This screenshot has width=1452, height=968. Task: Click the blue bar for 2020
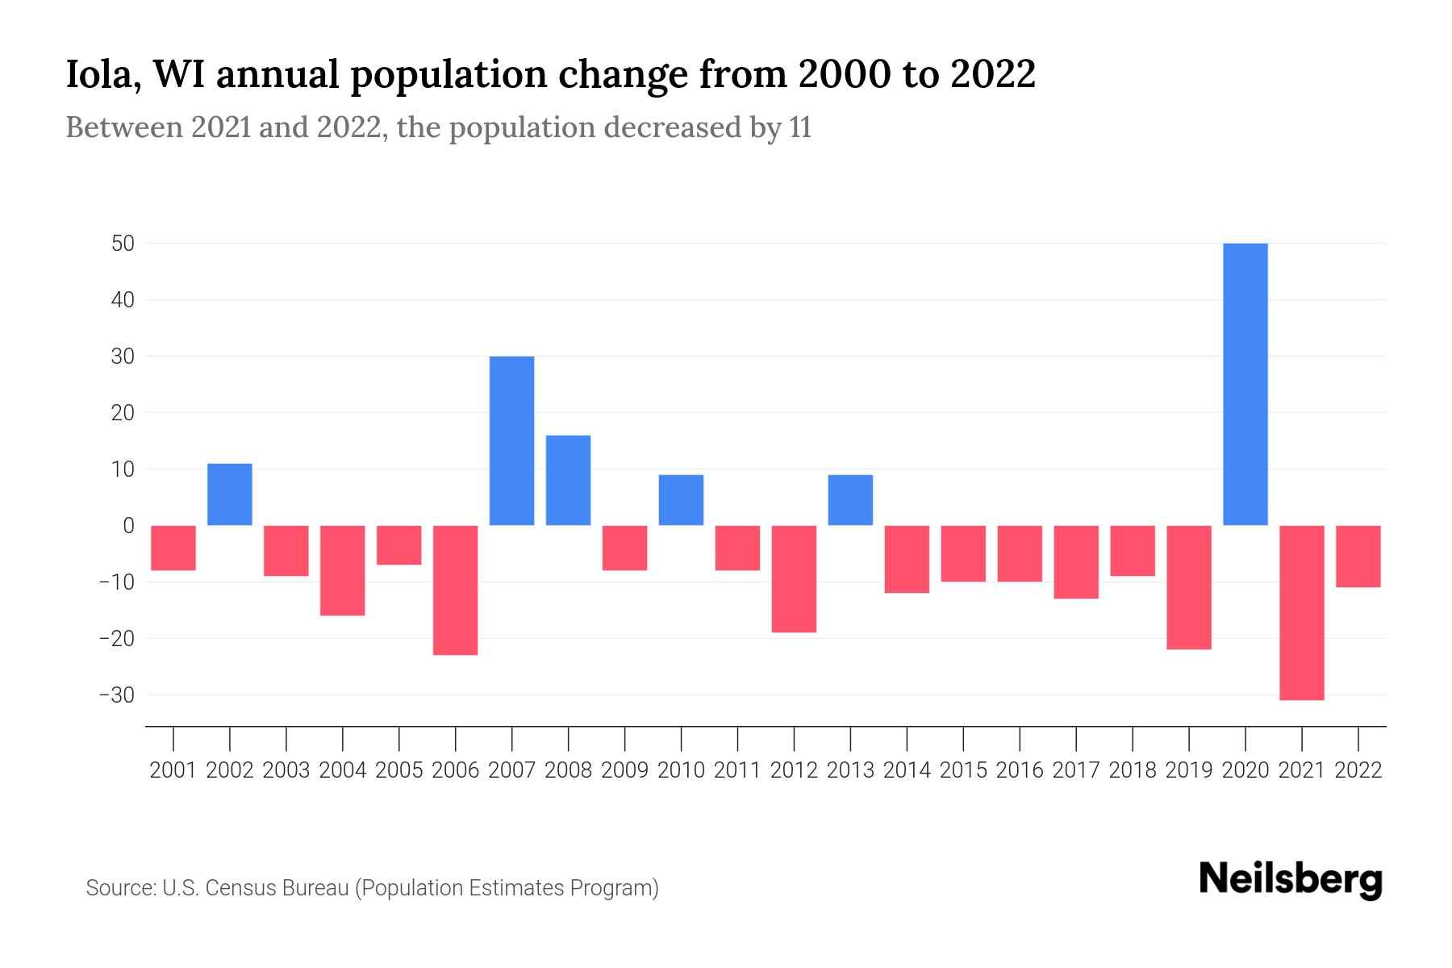coord(1245,384)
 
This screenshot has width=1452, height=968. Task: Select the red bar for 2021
coord(1302,612)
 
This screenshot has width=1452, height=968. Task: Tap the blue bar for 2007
coord(511,440)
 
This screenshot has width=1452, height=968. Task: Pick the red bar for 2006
coord(456,590)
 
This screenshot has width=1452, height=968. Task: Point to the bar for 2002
coord(230,494)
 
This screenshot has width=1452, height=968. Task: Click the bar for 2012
coord(794,578)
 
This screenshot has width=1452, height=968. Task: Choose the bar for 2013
coord(850,500)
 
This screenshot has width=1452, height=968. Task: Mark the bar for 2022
coord(1358,557)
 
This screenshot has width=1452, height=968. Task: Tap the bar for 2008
coord(568,480)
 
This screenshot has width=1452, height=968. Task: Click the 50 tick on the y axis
coord(123,244)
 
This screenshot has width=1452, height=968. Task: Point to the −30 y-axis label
coord(116,695)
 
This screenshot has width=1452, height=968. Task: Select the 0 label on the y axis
coord(128,526)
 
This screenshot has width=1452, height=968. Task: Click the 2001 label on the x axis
coord(173,770)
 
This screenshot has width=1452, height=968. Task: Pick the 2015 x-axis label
coord(963,770)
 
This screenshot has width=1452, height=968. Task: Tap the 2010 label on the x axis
coord(681,770)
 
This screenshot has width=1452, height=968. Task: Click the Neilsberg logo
coord(1291,879)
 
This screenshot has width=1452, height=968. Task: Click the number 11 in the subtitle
coord(800,128)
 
